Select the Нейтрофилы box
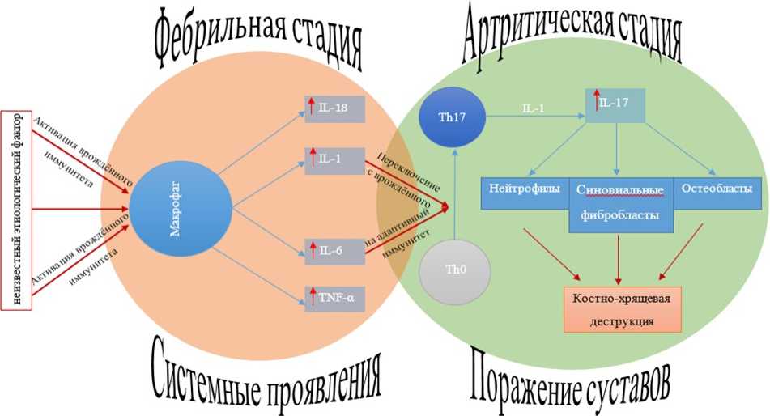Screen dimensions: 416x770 tap(525, 189)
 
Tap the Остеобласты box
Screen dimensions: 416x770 tap(716, 189)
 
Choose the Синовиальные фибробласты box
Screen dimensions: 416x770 tap(621, 203)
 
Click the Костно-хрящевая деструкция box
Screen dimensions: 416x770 tap(623, 309)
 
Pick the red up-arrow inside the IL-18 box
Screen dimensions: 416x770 tap(311, 105)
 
